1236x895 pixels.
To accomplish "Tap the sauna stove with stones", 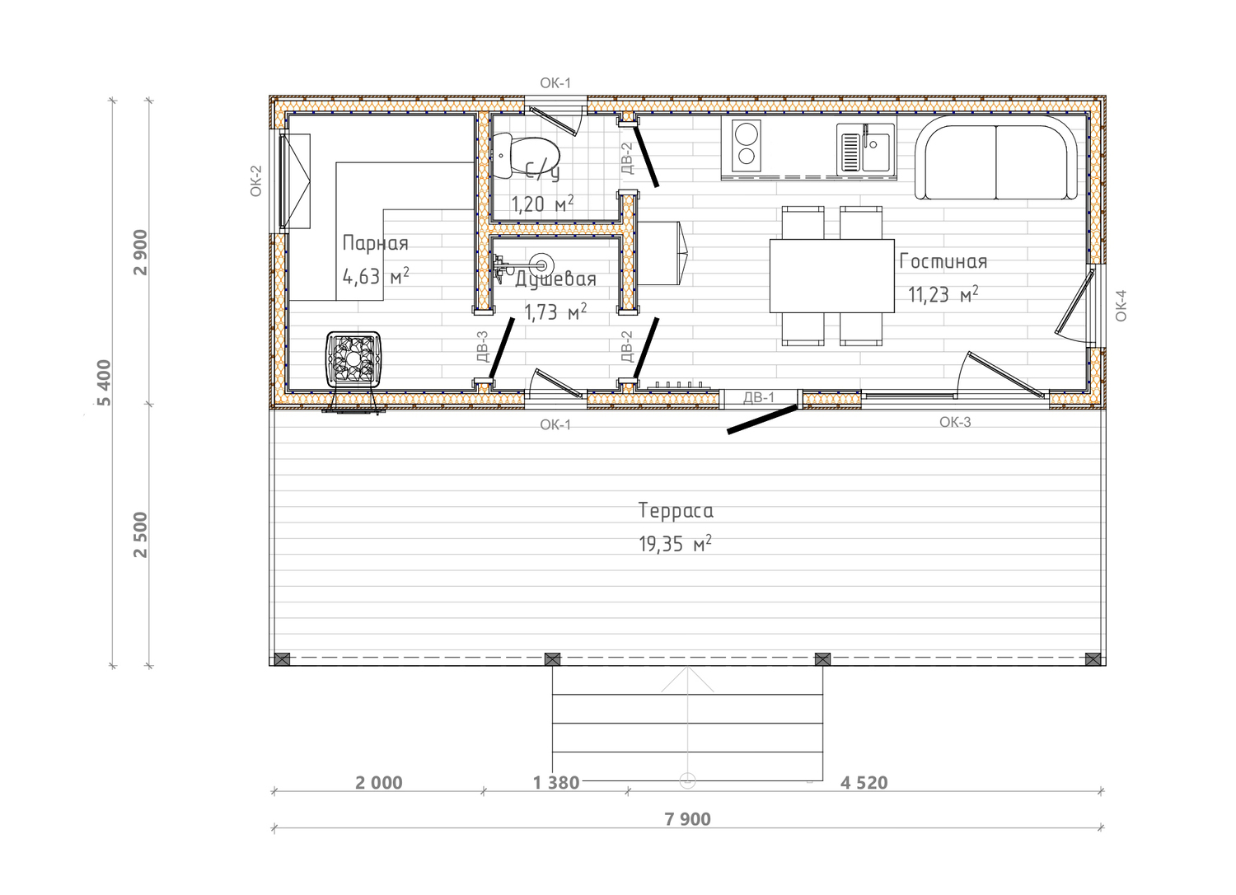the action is [353, 359].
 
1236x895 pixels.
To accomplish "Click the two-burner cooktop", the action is [746, 146].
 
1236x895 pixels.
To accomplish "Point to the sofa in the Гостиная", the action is [996, 157].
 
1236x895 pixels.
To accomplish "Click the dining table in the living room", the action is [832, 276].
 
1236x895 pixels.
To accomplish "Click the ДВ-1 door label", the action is [759, 397].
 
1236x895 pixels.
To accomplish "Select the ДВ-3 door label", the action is [482, 346].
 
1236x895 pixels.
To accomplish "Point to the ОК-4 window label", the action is [1121, 306].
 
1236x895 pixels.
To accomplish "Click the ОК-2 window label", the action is [256, 181].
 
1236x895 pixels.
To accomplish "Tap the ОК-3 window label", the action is [955, 422].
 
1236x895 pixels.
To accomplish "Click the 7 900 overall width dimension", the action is [687, 819].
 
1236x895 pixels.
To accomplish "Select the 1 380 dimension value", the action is [556, 783].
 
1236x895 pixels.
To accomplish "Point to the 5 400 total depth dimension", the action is [105, 382].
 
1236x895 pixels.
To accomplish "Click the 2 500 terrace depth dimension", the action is [141, 535].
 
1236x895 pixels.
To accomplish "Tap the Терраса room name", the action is [676, 510].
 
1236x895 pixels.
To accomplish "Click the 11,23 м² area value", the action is [943, 295].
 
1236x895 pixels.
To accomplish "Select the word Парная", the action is [375, 243].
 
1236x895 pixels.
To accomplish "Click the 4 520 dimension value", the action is [864, 783].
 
